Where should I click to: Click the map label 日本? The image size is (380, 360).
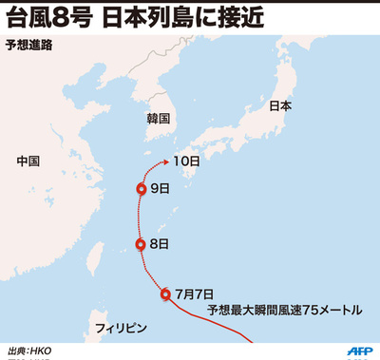(x=280, y=106)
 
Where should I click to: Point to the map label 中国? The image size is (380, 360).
(x=28, y=161)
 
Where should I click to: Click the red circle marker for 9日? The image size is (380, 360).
(x=141, y=189)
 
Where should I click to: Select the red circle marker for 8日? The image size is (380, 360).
(x=141, y=244)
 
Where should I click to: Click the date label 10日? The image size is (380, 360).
(x=189, y=161)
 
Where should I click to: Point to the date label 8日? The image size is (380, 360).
(x=160, y=244)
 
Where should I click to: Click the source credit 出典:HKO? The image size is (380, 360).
(x=29, y=350)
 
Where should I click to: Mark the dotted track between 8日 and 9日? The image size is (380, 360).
(x=140, y=217)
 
